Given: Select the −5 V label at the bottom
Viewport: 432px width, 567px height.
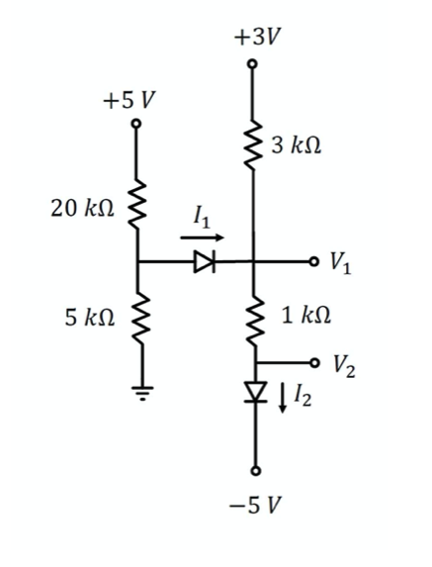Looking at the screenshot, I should tap(256, 504).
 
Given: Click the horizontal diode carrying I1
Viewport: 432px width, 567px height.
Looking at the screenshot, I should tap(204, 262).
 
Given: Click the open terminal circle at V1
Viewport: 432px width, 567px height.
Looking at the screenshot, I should tap(314, 262).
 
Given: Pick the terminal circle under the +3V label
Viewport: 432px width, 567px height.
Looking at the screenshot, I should tap(254, 64).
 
